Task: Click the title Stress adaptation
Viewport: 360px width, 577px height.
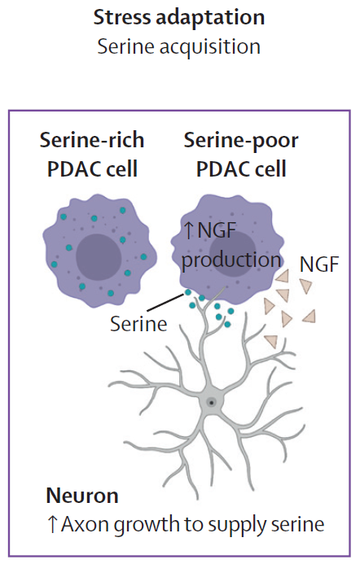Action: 179,18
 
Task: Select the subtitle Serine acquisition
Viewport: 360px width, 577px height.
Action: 179,47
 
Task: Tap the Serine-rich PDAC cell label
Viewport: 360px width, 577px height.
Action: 92,154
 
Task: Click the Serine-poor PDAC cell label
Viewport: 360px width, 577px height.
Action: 241,154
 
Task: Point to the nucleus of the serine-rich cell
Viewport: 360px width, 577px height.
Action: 99,257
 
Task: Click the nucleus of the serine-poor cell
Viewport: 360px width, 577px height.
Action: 233,255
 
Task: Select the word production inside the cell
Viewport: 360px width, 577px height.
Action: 231,261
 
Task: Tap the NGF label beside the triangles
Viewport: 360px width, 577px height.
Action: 319,264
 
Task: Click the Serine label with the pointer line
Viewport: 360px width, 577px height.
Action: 138,324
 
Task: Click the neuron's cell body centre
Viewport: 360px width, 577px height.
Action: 211,403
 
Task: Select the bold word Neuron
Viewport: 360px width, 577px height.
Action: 82,496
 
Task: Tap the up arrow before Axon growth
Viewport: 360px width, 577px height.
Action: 52,524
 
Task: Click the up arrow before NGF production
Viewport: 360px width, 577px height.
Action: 188,230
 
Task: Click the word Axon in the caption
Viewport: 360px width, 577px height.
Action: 86,524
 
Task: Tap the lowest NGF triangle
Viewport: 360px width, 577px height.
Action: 271,341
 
